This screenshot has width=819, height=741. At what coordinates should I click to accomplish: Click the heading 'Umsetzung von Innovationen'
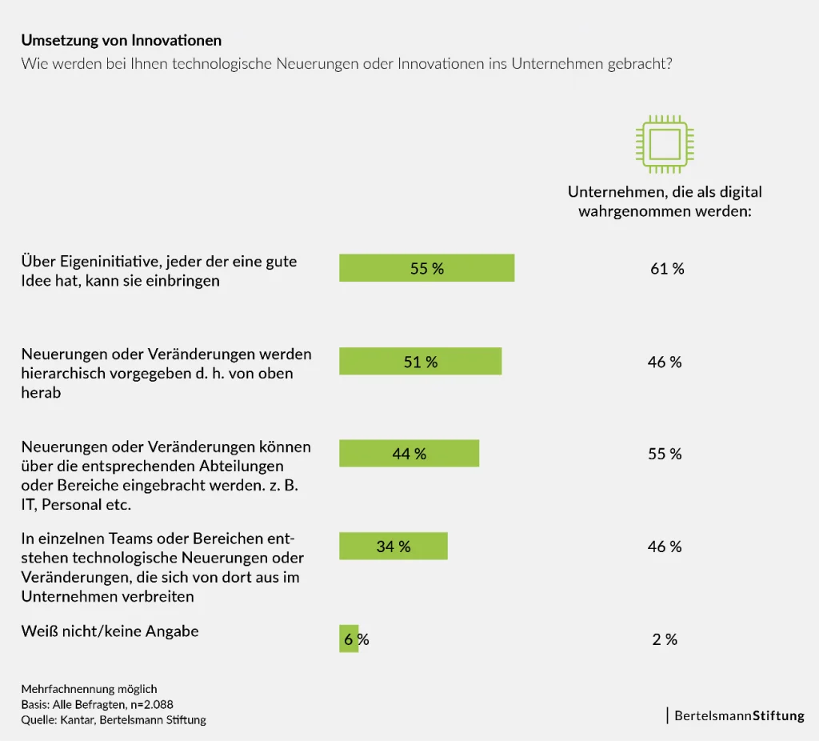coord(121,40)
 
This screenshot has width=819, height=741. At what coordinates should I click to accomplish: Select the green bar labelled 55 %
coord(426,268)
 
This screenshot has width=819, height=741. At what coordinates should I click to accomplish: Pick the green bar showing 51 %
coord(420,361)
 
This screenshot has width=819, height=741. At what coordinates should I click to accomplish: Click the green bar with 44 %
coord(409,453)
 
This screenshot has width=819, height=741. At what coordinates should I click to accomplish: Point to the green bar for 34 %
coord(393,546)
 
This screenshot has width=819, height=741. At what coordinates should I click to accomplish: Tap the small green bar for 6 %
coord(349,639)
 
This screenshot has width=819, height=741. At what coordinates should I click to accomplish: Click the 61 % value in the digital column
coord(666,269)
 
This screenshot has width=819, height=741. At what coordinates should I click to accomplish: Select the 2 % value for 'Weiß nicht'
coord(664,639)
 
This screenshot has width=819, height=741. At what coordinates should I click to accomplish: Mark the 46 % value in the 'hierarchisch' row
coord(664,362)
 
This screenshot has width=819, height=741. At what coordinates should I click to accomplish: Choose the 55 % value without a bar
coord(664,454)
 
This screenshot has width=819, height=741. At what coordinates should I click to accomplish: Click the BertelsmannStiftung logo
coord(737,715)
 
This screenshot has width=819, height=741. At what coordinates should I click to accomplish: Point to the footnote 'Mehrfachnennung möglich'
coord(89,689)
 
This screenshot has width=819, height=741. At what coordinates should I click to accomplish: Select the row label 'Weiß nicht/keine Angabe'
coord(110,631)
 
